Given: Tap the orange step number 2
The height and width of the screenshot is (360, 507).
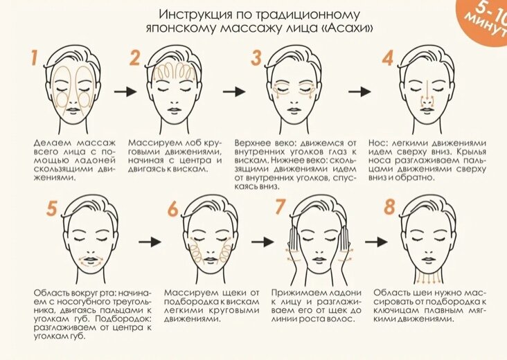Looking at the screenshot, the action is coord(136,58).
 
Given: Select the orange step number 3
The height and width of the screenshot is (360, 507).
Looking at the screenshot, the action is coord(256,57).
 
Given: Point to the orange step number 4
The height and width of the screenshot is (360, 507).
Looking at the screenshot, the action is coord(388,57).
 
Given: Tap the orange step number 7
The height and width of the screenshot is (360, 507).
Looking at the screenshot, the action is coord(281,207).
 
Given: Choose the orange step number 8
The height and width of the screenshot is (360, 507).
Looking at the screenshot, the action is coord(389,207).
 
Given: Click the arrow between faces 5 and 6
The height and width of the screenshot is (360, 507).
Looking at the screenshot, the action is coord(151,242).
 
